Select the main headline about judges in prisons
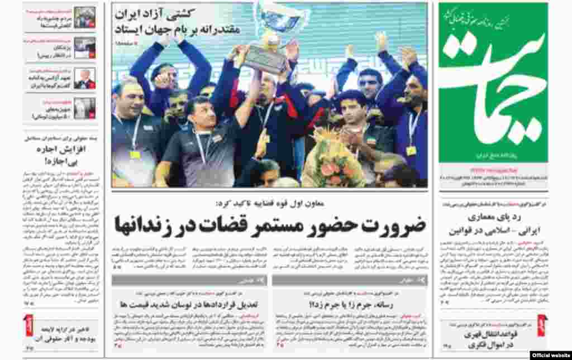click(270, 225)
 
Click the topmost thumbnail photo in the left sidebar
click(85, 17)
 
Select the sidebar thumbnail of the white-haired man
click(85, 78)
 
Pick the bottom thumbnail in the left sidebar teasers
click(85, 108)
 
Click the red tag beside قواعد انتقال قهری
click(541, 325)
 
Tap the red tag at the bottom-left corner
click(28, 325)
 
